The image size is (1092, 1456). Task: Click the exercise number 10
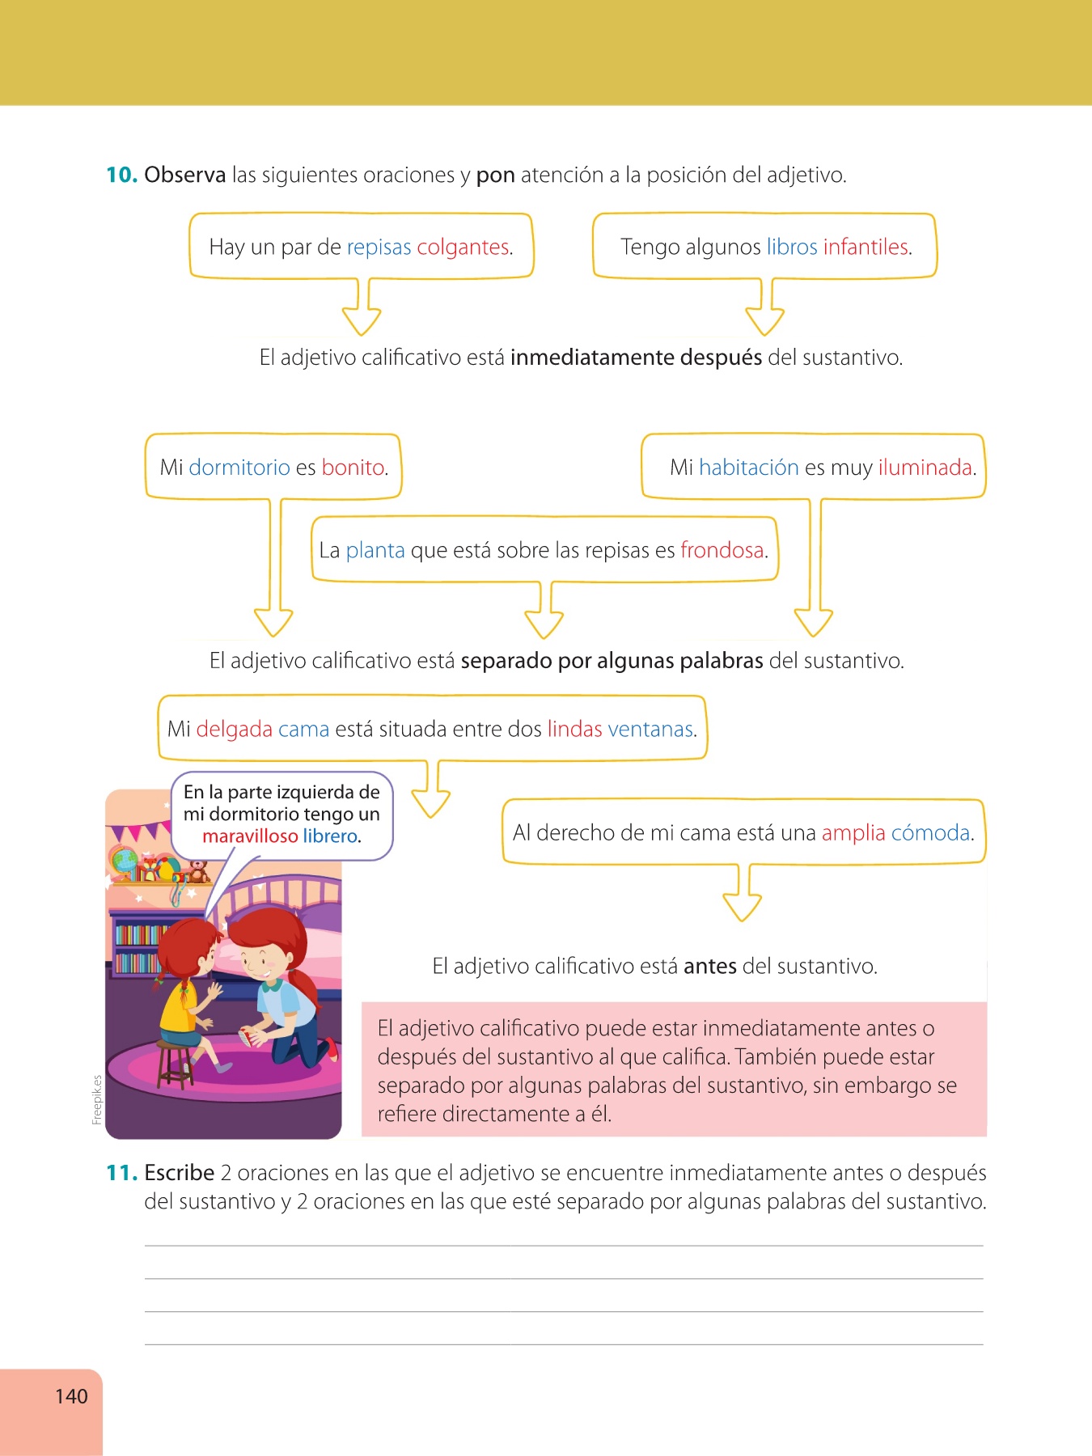pos(121,175)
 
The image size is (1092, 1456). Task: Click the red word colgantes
pos(463,247)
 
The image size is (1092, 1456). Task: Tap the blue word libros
pos(791,247)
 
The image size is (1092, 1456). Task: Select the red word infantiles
pos(866,247)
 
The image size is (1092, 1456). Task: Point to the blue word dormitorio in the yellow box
pos(239,468)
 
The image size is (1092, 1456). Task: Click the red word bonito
pos(353,468)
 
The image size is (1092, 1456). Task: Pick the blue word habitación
pos(748,468)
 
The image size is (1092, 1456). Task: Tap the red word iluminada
pos(925,468)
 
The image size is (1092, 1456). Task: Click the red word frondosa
pos(722,550)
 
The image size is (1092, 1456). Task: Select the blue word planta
pos(375,550)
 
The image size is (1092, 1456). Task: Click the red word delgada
pos(234,730)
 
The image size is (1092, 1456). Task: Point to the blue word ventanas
pos(650,730)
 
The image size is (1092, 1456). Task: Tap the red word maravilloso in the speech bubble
pos(250,836)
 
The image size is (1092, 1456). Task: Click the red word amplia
pos(853,833)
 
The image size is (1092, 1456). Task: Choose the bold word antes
pos(709,967)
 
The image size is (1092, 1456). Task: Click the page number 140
pos(71,1396)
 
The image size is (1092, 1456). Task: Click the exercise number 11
pos(121,1173)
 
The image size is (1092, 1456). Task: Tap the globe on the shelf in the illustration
pos(125,862)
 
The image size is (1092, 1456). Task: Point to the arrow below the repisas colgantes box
pos(362,311)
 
